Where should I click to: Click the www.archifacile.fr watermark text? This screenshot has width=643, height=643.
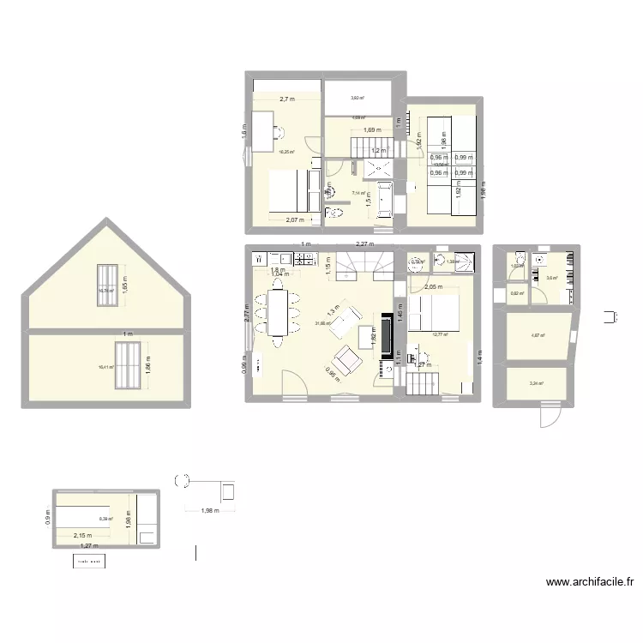[591, 583]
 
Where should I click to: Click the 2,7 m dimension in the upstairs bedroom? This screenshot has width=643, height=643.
[285, 99]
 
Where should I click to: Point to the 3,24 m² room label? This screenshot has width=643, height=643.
[538, 384]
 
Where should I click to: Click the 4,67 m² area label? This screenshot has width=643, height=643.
[538, 335]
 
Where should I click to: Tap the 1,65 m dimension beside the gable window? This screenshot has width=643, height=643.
[124, 284]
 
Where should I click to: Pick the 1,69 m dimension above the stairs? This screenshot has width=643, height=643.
[371, 130]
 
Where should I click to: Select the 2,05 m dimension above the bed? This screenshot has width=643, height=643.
[433, 287]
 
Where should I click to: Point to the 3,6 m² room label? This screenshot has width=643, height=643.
[551, 278]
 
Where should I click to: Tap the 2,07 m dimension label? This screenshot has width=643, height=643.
[296, 221]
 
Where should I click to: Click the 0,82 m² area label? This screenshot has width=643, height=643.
[516, 294]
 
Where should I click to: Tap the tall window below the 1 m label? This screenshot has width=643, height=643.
[129, 355]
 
